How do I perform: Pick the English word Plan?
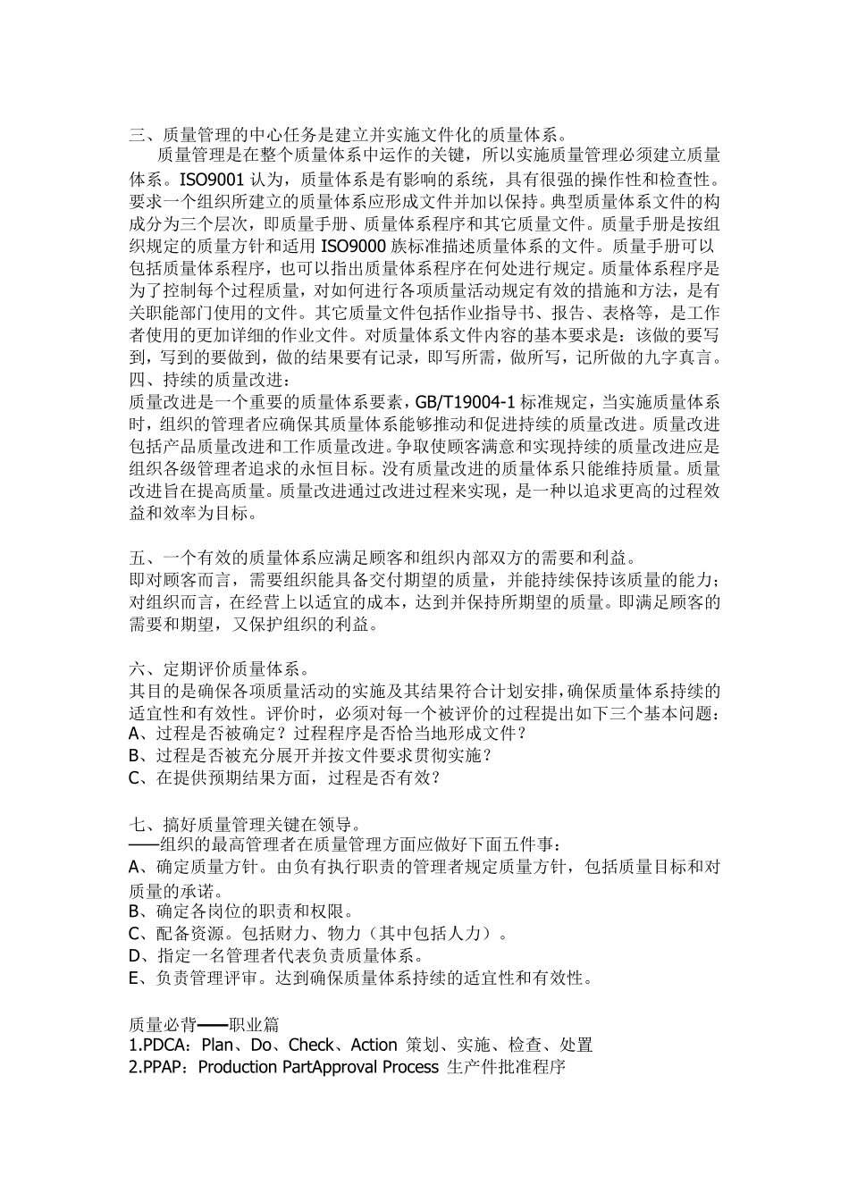click(219, 1045)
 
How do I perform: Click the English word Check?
click(312, 1045)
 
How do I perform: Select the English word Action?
click(374, 1045)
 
